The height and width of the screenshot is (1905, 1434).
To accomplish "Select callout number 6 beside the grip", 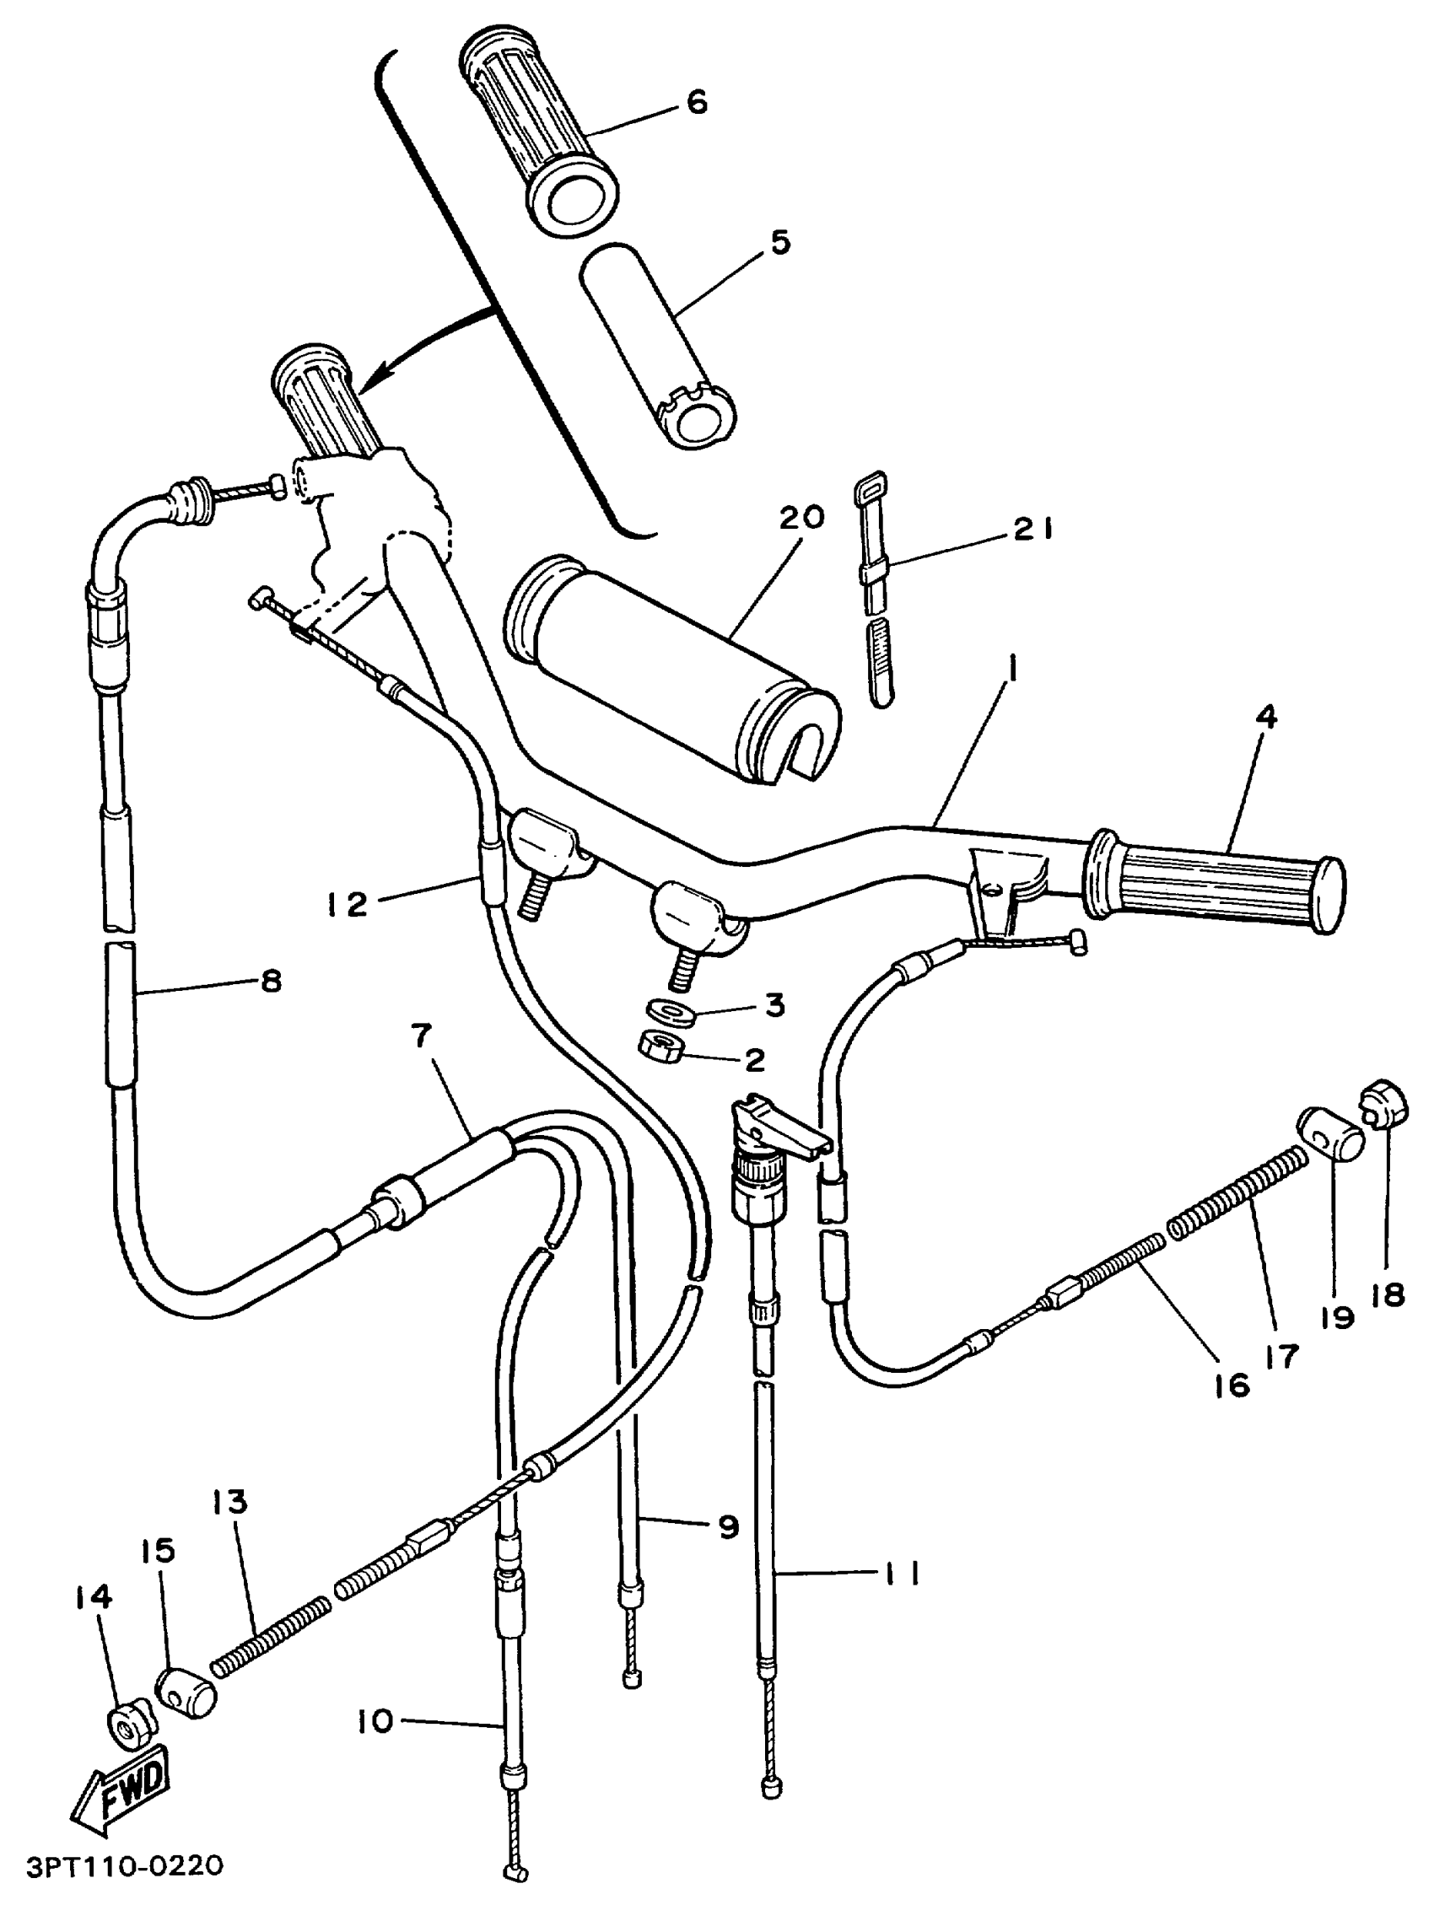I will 696,103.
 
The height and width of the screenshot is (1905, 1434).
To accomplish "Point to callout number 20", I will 802,518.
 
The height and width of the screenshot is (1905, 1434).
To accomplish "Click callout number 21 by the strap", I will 1032,529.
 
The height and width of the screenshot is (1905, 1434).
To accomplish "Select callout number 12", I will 347,904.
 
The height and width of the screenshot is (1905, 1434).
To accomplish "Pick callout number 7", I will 421,1037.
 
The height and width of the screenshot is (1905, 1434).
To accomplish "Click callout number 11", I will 901,1574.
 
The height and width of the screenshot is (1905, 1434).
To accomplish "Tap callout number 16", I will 1232,1386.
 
